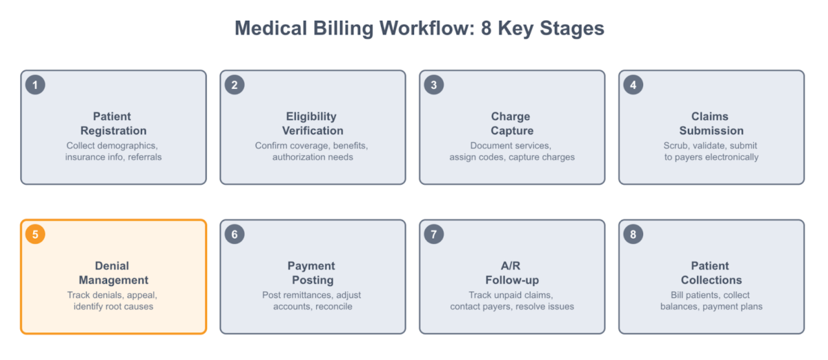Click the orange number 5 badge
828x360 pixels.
click(x=35, y=234)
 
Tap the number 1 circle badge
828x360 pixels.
click(x=35, y=85)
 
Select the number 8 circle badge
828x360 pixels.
click(x=633, y=234)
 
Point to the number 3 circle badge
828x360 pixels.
click(x=434, y=85)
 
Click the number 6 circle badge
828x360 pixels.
click(x=235, y=234)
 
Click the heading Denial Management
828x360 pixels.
click(x=113, y=273)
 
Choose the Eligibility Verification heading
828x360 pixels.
click(x=313, y=123)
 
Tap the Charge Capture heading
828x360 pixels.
click(x=512, y=123)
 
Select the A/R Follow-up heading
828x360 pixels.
click(x=512, y=273)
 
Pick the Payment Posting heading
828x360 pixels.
click(x=313, y=273)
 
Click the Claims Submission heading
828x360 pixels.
click(x=711, y=123)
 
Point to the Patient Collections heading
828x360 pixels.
click(x=711, y=273)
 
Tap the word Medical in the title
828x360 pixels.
click(x=271, y=28)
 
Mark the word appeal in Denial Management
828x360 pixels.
click(x=142, y=295)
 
